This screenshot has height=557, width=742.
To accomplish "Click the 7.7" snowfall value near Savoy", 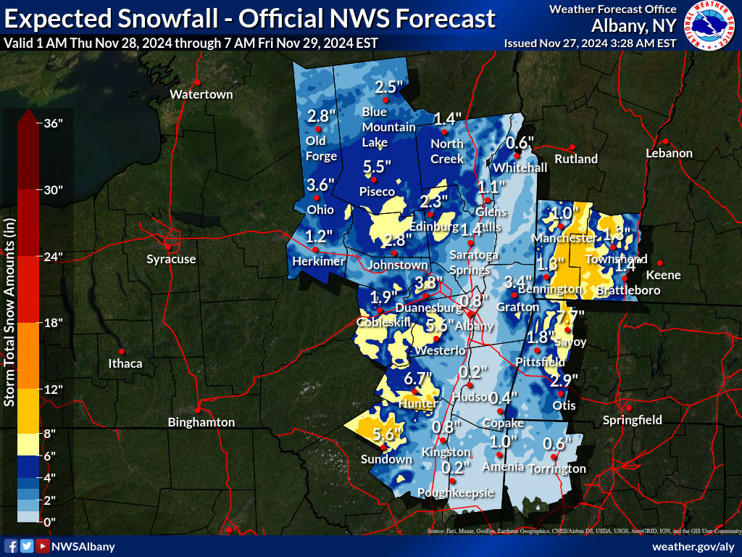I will pos(570,317).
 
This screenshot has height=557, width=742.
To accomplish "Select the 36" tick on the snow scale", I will pos(54,123).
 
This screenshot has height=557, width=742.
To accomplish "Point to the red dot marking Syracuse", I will pos(171,245).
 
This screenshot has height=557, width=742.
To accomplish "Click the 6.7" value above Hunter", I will pos(418,378).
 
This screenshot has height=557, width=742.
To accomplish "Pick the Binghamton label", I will pos(201,421).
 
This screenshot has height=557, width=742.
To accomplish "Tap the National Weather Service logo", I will pos(711,25).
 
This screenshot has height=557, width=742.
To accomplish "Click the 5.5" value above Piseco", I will pos(377,165).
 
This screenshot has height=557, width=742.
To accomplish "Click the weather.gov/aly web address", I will pos(693,546).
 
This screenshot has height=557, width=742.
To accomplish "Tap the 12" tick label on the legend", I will pos(54,389).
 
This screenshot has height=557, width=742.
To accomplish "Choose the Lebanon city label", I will pos(670,153).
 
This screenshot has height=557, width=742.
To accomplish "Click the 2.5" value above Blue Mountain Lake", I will pos(388,87).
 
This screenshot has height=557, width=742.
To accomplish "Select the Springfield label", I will pos(633,419).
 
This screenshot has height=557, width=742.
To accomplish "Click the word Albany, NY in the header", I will pos(634,26).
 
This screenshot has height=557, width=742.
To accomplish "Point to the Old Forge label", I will pos(321,148).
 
